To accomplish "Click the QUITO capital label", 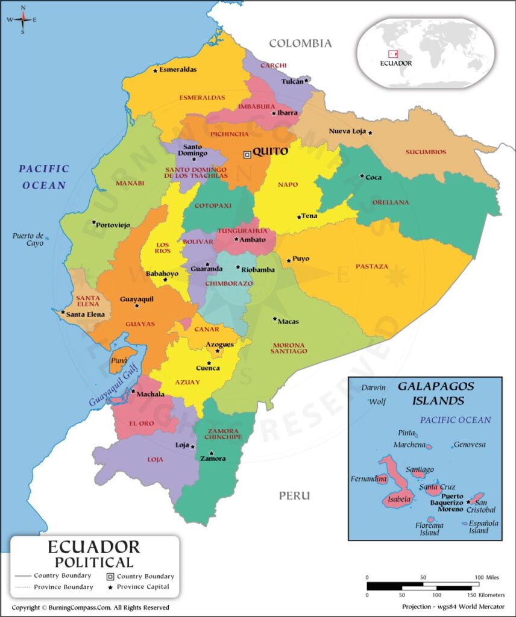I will click(270, 152).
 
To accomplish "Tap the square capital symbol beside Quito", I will click(247, 155).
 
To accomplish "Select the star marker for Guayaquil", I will click(137, 306).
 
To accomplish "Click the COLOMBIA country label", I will click(300, 43).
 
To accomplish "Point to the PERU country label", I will click(294, 495).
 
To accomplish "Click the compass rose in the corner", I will click(23, 19).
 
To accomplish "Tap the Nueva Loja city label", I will click(347, 131).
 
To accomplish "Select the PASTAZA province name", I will click(372, 266).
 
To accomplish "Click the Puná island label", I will click(119, 362).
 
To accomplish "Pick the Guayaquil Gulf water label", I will click(114, 386).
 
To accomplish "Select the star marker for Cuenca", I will click(209, 363).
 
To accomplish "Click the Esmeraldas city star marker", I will click(155, 70).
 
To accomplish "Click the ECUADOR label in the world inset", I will click(396, 63).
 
